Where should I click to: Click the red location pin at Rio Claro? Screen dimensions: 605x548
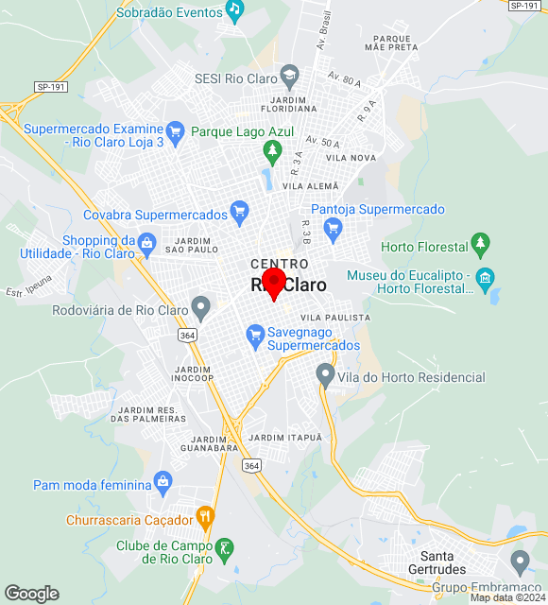coord(273,283)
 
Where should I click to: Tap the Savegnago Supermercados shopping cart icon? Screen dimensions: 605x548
coord(254,333)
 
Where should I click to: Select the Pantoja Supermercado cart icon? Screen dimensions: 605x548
coord(332,227)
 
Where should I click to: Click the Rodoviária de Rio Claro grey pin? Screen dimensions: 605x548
coord(200,306)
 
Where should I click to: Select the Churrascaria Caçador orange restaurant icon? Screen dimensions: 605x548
coord(205,517)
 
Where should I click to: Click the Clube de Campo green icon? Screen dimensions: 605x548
coord(225,547)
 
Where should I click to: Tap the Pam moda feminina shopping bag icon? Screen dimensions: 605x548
coord(163,481)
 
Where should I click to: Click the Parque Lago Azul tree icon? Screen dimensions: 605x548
coord(273,149)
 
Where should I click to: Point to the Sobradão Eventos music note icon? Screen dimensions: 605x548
coord(234,9)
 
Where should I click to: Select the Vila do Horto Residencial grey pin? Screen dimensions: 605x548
coord(325,375)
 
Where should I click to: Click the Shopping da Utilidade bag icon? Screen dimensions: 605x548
coord(146,245)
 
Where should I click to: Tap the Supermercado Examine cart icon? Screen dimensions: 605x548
coord(174,130)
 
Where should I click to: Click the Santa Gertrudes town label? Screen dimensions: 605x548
coord(443,562)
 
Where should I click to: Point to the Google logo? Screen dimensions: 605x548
coord(31,594)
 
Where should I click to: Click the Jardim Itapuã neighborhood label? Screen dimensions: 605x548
coord(284,438)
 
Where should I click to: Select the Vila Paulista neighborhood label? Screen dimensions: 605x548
coord(335,318)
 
